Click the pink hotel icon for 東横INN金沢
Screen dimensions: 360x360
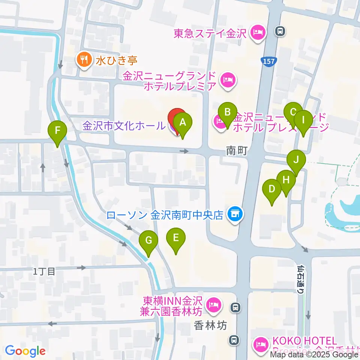214,302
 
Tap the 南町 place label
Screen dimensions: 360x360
237,151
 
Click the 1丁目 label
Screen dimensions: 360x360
44,271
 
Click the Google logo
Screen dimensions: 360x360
25,351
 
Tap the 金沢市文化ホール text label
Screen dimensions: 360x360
123,126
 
